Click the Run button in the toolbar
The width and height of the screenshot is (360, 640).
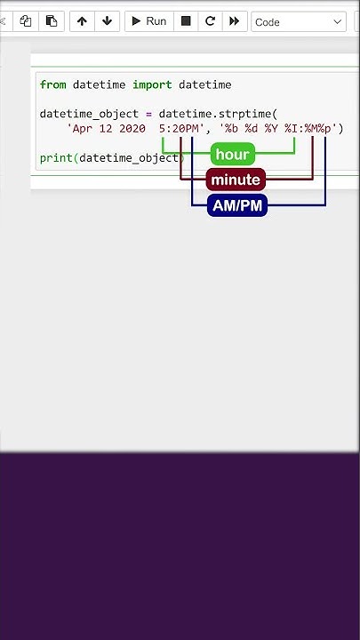coord(149,21)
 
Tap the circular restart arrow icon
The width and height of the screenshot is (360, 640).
coord(210,21)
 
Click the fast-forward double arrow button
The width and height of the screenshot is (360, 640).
coord(235,21)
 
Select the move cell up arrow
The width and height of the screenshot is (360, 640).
coord(82,21)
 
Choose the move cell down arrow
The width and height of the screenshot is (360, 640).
coord(107,21)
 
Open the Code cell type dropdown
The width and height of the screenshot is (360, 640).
coord(299,21)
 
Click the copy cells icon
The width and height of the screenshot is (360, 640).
coord(26,21)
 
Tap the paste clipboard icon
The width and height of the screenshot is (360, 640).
coord(52,21)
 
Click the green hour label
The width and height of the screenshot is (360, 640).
coord(233,154)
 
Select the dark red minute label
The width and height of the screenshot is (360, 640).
coord(236,180)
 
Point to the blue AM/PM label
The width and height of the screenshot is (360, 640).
coord(237,205)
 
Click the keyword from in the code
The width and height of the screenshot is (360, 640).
coord(52,85)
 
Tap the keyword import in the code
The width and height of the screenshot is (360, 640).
coord(152,85)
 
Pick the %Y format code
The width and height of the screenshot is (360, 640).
coord(271,129)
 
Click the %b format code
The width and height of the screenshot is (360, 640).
coord(231,129)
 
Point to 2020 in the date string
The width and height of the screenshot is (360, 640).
coord(132,129)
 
